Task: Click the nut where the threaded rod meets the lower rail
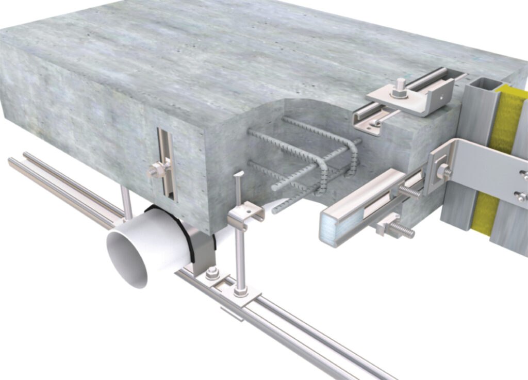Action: (x=241, y=292)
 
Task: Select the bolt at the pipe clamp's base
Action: (x=212, y=274)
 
